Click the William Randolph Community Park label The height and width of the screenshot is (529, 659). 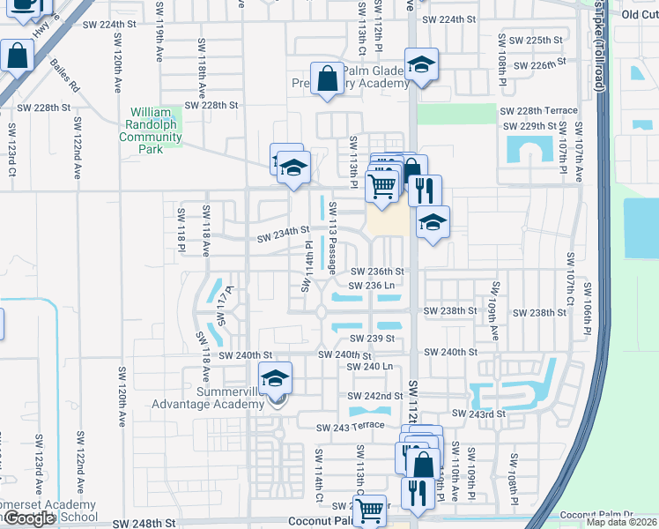coord(151,130)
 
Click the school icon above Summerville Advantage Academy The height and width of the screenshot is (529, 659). coord(276,379)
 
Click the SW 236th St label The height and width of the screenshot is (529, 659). coord(377,272)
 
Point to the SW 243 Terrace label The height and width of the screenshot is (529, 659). coord(352,426)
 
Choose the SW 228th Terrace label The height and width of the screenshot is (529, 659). coord(539,111)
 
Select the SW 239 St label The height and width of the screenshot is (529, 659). coord(370,338)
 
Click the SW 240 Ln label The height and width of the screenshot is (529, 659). coord(369,366)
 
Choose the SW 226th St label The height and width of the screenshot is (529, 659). coord(538,65)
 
